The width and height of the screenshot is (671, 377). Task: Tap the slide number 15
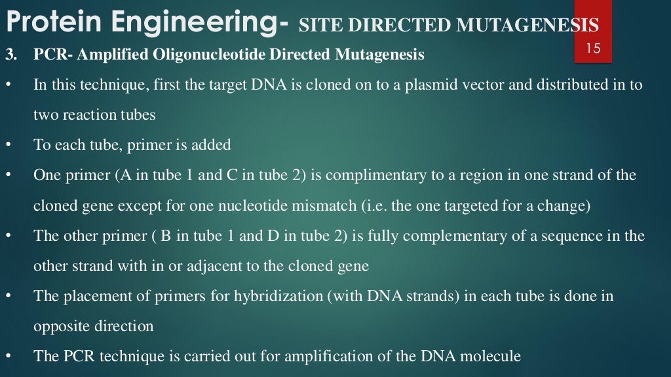pyautogui.click(x=594, y=49)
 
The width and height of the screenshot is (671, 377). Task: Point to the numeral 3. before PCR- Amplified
pyautogui.click(x=11, y=55)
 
